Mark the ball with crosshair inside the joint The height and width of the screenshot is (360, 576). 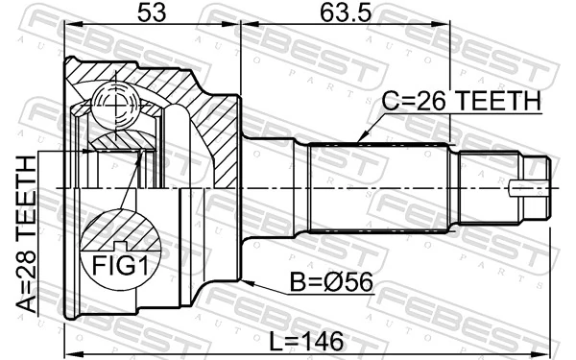tap(113, 102)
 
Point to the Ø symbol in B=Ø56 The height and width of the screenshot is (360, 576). tap(331, 283)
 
